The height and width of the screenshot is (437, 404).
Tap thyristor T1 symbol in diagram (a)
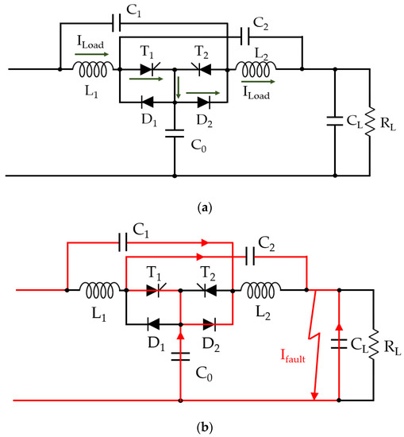(x=146, y=69)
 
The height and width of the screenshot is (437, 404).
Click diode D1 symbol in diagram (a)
(x=146, y=102)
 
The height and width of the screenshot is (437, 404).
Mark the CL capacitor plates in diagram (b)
(x=340, y=342)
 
